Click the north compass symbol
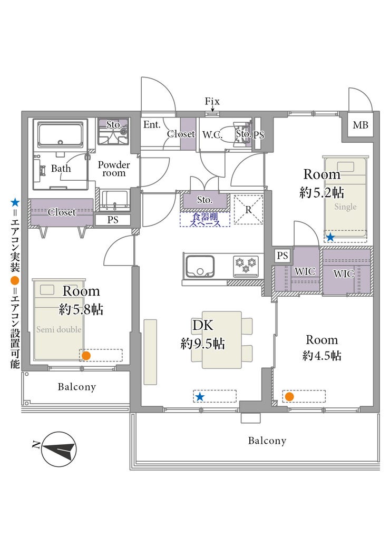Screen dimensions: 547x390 point(58,450)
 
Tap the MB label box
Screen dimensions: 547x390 point(360,125)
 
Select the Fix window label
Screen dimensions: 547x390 point(212,102)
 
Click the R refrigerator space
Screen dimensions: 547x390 point(248,209)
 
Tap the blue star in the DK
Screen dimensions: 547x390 point(200,396)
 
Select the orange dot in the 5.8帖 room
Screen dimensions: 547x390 point(86,356)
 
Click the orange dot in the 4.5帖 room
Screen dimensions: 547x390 point(289,396)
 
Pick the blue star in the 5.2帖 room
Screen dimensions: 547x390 point(330,237)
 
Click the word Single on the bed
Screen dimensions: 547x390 point(345,207)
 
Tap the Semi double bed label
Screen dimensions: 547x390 point(59,330)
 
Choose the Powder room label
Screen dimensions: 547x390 point(114,169)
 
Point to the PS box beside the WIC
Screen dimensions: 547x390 point(282,256)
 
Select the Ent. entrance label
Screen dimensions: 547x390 point(152,125)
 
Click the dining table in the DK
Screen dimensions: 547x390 point(221,339)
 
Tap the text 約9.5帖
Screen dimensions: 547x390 point(203,344)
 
